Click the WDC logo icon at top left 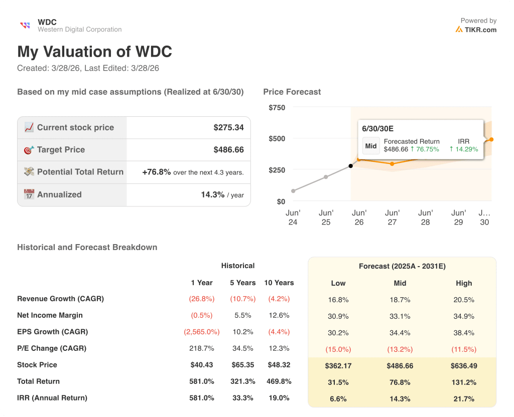click(x=25, y=26)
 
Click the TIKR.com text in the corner click(x=480, y=30)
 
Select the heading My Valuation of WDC click(x=94, y=52)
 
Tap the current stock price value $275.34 click(x=228, y=127)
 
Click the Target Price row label click(x=61, y=150)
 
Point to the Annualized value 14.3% click(x=212, y=194)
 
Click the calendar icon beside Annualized click(x=29, y=194)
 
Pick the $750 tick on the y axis click(x=277, y=107)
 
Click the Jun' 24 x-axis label click(x=293, y=218)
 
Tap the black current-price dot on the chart click(x=350, y=166)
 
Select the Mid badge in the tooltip click(x=371, y=146)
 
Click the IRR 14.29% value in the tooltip click(x=464, y=149)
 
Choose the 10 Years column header click(x=279, y=283)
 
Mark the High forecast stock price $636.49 click(x=464, y=366)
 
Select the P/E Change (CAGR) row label click(x=52, y=348)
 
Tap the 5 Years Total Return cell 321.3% click(x=243, y=381)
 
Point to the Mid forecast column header click(x=400, y=283)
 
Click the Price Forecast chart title click(x=292, y=92)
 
